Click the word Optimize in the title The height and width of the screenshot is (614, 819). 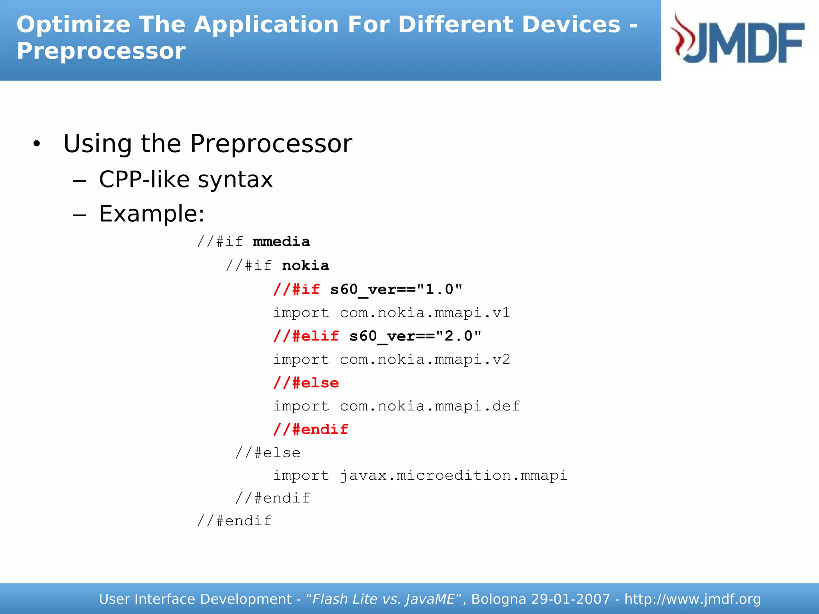73,25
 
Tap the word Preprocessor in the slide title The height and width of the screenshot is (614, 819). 101,52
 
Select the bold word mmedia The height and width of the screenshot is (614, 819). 282,241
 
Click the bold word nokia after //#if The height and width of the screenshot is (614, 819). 306,265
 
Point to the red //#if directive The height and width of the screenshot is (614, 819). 296,289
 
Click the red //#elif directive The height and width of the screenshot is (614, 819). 306,336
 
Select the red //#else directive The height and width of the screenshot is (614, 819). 306,383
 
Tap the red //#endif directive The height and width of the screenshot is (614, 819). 311,429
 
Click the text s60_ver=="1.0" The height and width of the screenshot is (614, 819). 396,289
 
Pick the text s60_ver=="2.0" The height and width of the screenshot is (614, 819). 415,336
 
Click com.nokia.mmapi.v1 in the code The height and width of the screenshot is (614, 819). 425,313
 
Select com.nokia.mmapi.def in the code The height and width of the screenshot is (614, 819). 430,406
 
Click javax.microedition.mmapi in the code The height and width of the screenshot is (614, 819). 453,476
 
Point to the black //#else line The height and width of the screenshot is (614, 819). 268,453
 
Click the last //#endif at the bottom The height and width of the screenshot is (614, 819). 234,521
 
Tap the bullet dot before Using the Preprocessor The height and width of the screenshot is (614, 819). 37,144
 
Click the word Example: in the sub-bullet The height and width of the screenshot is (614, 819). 152,213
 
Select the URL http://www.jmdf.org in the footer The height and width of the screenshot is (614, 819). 692,599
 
